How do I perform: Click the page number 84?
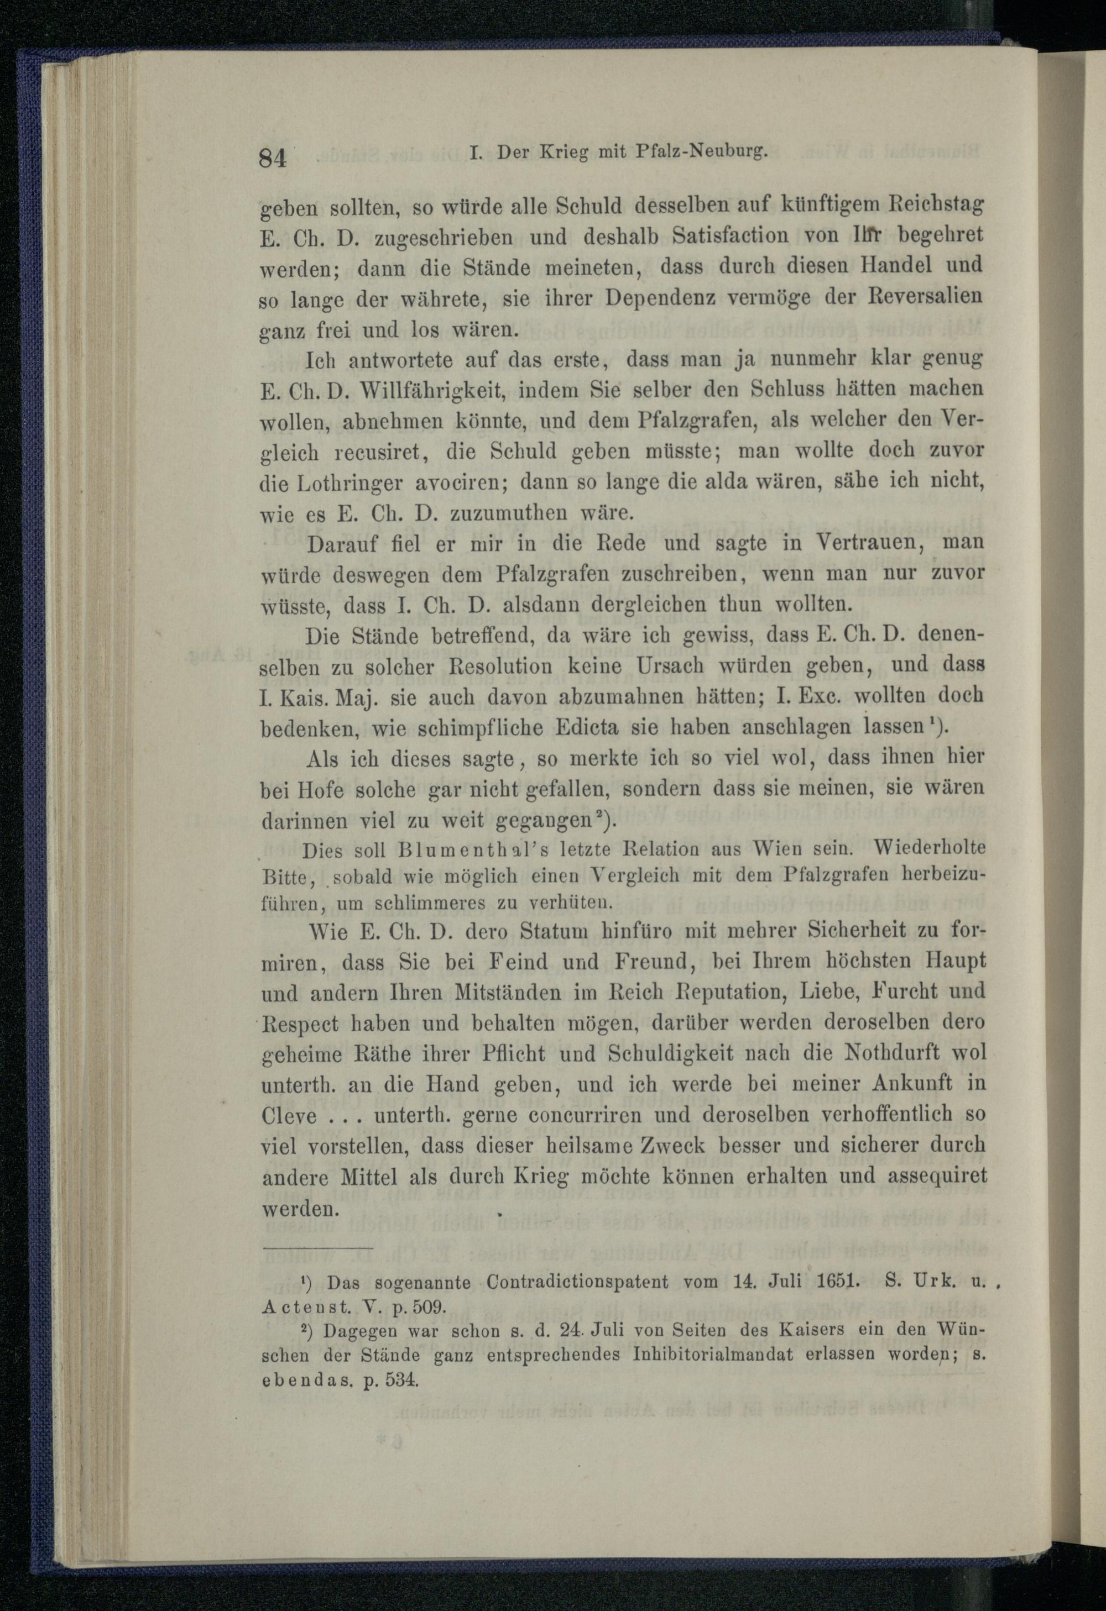273,158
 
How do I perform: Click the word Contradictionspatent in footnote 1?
578,1282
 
